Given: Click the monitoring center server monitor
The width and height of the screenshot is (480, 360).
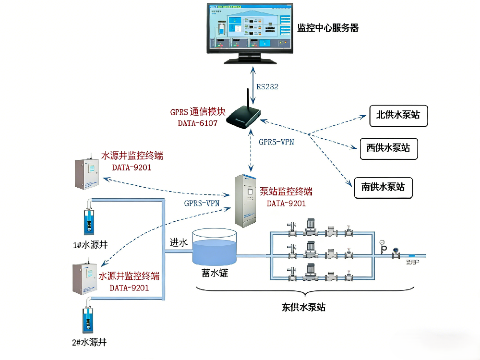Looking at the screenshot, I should pyautogui.click(x=250, y=29).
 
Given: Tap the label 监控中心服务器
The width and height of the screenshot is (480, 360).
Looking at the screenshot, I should pyautogui.click(x=328, y=28).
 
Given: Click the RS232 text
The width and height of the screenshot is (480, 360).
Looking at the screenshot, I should pyautogui.click(x=267, y=87).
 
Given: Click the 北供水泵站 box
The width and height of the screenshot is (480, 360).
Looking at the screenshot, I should pyautogui.click(x=398, y=116).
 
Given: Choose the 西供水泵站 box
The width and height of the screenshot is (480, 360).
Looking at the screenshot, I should pyautogui.click(x=389, y=149).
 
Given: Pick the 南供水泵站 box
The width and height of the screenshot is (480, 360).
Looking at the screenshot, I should pyautogui.click(x=383, y=187).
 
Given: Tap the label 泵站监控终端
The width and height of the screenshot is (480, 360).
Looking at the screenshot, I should pyautogui.click(x=286, y=192).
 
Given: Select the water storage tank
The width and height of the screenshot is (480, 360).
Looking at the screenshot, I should pyautogui.click(x=214, y=247).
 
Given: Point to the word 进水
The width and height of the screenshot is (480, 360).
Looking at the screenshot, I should pyautogui.click(x=179, y=242).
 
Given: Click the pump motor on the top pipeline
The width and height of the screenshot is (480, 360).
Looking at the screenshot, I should pyautogui.click(x=311, y=225).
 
